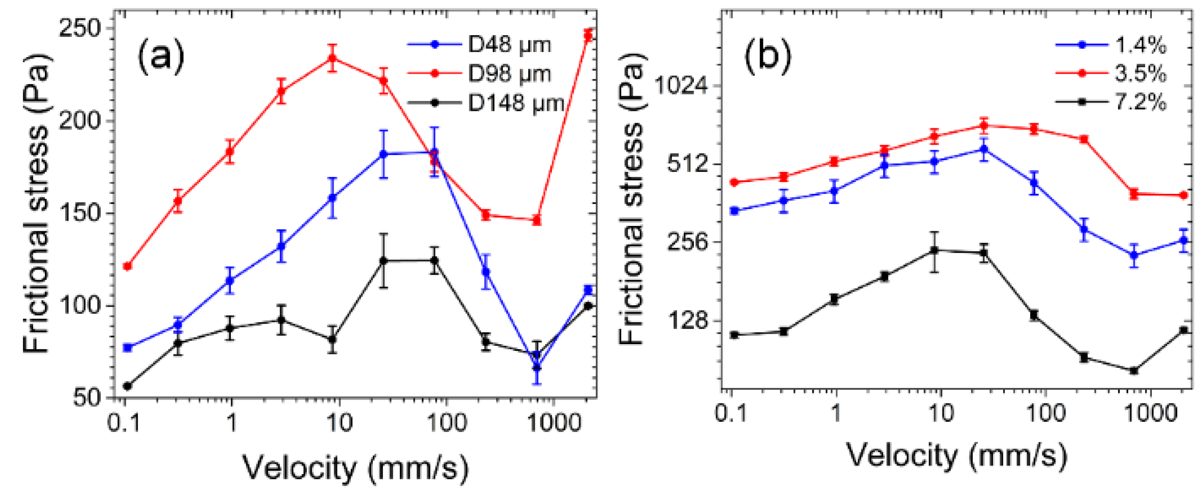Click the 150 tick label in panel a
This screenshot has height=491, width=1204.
tap(80, 214)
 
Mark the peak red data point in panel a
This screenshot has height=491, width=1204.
tap(332, 58)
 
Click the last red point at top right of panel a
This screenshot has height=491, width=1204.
tap(588, 36)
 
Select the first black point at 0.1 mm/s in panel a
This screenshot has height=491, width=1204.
tap(127, 386)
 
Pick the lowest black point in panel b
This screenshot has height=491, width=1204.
tap(1133, 371)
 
